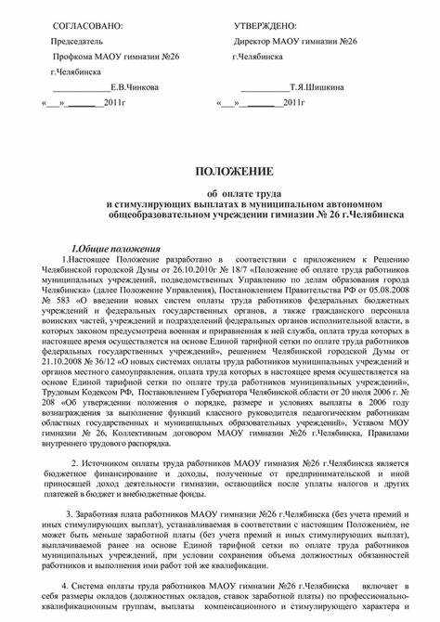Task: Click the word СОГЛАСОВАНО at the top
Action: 86,25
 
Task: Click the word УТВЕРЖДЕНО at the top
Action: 265,25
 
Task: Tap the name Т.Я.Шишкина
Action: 317,87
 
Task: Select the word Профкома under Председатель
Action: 70,56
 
